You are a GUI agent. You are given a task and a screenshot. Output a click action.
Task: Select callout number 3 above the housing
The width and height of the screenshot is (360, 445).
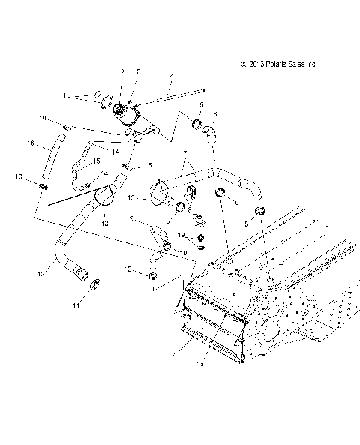coord(138,71)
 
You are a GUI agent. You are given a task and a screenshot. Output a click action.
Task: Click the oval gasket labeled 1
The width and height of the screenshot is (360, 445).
coord(104,96)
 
